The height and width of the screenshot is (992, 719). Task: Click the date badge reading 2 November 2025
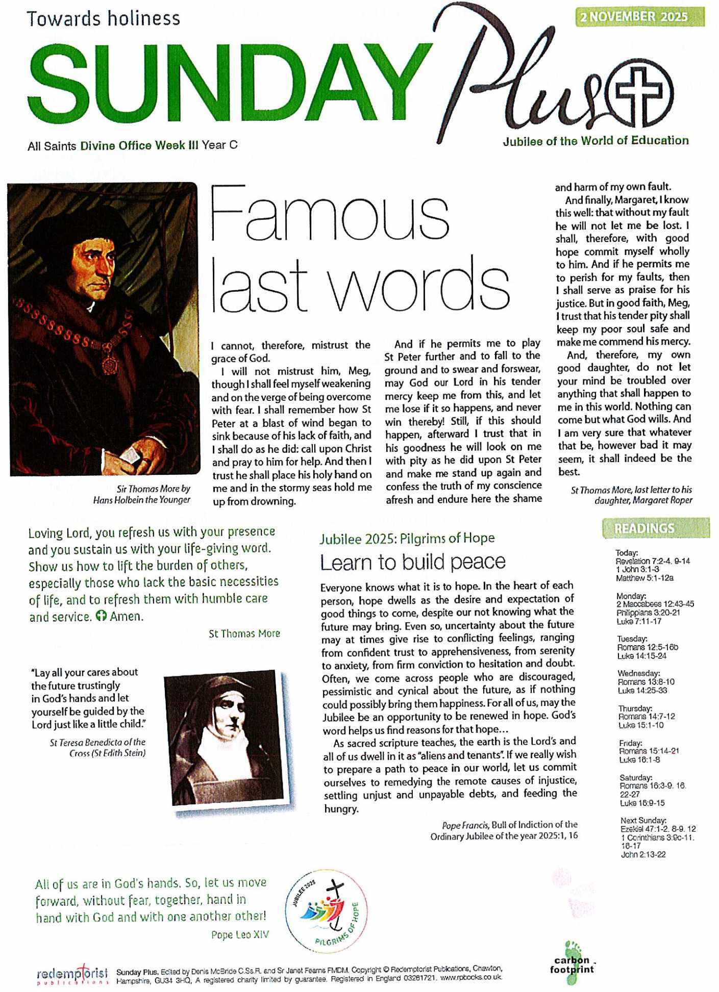[639, 17]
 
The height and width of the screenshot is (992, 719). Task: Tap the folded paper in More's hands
[131, 453]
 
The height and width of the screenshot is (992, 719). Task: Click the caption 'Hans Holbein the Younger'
[141, 500]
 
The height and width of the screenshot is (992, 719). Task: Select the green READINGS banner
[655, 528]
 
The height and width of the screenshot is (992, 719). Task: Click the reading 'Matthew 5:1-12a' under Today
[644, 578]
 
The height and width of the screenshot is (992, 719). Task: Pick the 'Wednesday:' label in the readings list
[638, 673]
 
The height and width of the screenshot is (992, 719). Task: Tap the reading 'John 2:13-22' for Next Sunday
[643, 854]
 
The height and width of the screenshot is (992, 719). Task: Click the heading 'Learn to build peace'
[412, 562]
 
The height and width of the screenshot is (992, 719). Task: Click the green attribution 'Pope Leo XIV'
[240, 935]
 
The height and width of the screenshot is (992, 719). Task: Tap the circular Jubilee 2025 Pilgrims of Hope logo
[326, 911]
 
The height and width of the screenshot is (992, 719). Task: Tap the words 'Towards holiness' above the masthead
[104, 19]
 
